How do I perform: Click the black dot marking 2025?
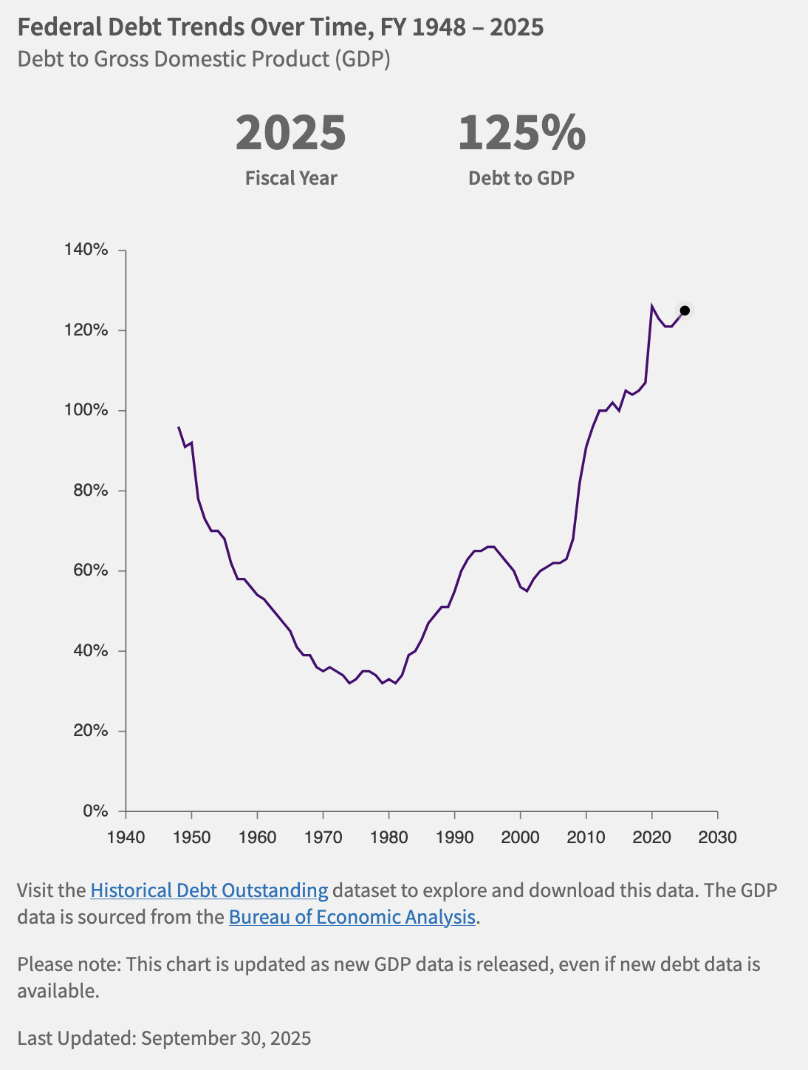pyautogui.click(x=685, y=310)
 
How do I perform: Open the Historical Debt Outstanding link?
pyautogui.click(x=209, y=890)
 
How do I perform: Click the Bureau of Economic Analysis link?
pyautogui.click(x=352, y=917)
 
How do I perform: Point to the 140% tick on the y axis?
pyautogui.click(x=86, y=250)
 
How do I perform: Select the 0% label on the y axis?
pyautogui.click(x=95, y=811)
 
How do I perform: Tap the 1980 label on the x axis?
pyautogui.click(x=388, y=837)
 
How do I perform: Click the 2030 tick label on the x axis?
pyautogui.click(x=717, y=837)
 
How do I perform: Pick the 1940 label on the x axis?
pyautogui.click(x=126, y=837)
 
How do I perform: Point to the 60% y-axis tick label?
pyautogui.click(x=90, y=570)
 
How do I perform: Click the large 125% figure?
pyautogui.click(x=521, y=134)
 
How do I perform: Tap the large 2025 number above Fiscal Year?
pyautogui.click(x=291, y=134)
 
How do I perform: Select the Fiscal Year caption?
pyautogui.click(x=291, y=178)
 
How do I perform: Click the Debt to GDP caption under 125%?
pyautogui.click(x=521, y=178)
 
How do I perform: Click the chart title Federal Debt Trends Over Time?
pyautogui.click(x=281, y=27)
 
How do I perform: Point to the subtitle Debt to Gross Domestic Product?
pyautogui.click(x=204, y=58)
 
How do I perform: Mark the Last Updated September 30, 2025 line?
pyautogui.click(x=164, y=1038)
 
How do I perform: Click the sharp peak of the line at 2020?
pyautogui.click(x=651, y=305)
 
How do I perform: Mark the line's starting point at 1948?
pyautogui.click(x=179, y=427)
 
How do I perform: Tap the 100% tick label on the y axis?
pyautogui.click(x=86, y=410)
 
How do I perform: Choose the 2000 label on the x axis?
pyautogui.click(x=520, y=837)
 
